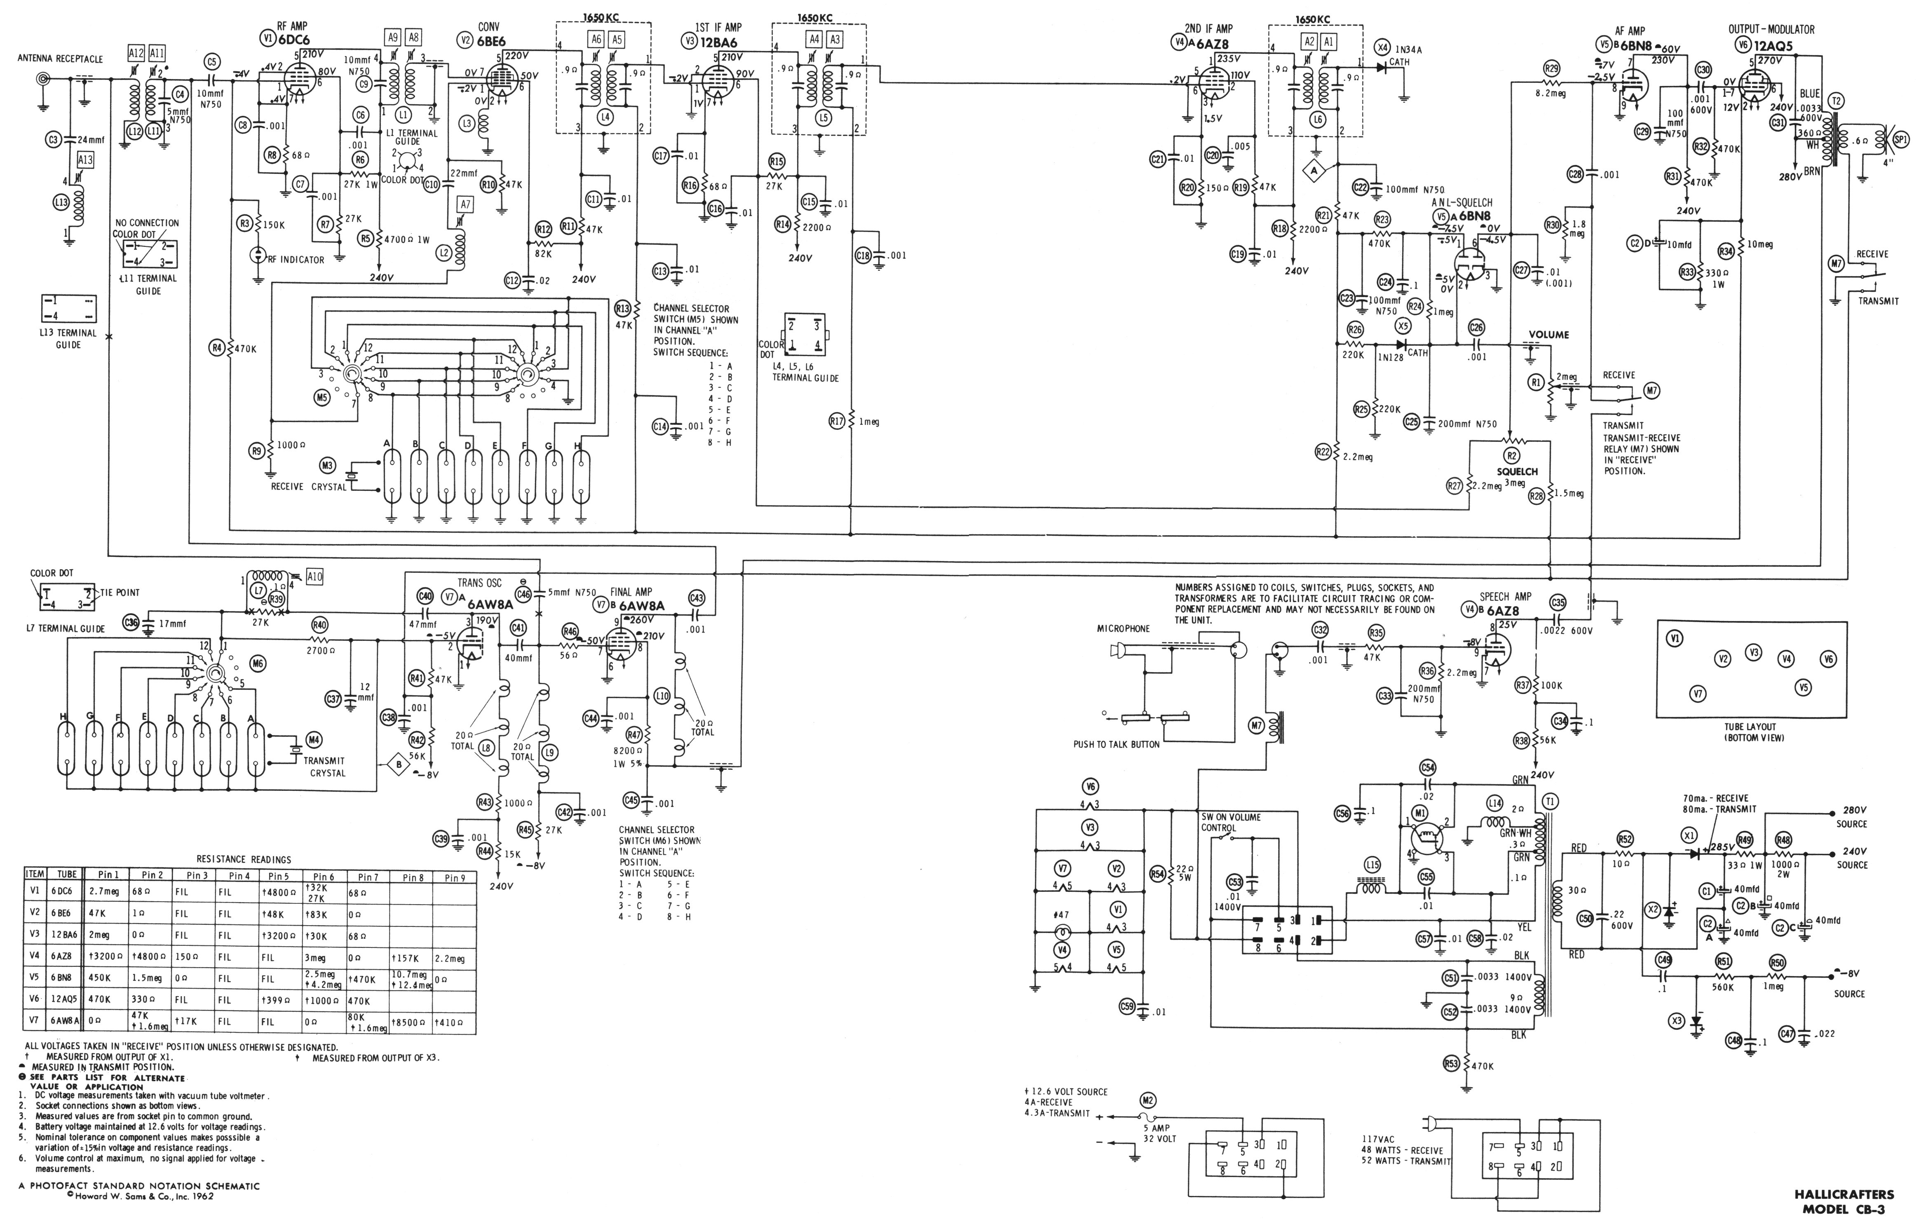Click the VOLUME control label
click(x=1548, y=335)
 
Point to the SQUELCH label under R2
click(x=1517, y=472)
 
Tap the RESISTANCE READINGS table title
click(x=243, y=860)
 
